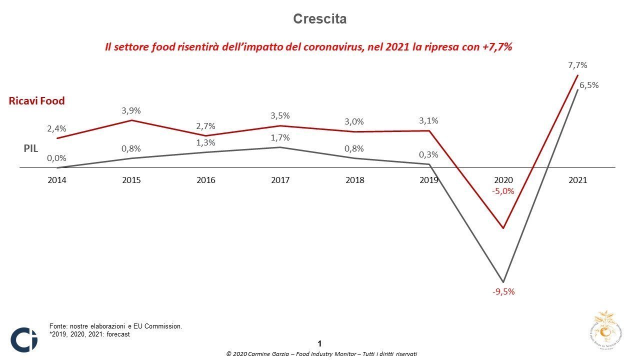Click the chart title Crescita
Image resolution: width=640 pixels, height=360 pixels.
pyautogui.click(x=319, y=19)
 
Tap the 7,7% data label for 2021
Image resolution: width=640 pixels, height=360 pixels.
pyautogui.click(x=577, y=65)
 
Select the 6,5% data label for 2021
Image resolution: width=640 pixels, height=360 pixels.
pyautogui.click(x=589, y=85)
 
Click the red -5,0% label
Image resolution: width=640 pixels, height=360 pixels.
pyautogui.click(x=503, y=191)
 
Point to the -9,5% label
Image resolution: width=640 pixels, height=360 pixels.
pyautogui.click(x=503, y=291)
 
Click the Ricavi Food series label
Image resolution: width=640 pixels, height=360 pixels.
pyautogui.click(x=37, y=101)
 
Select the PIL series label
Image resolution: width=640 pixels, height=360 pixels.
pyautogui.click(x=30, y=148)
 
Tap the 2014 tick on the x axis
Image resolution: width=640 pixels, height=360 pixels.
pyautogui.click(x=57, y=180)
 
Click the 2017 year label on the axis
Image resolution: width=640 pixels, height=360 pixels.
pyautogui.click(x=280, y=180)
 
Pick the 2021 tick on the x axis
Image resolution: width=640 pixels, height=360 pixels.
pyautogui.click(x=577, y=180)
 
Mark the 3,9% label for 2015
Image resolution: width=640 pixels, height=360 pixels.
pyautogui.click(x=131, y=110)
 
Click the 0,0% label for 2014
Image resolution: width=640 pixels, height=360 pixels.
pyautogui.click(x=56, y=158)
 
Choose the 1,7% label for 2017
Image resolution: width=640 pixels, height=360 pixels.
pyautogui.click(x=280, y=137)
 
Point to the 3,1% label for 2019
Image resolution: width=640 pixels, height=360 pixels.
pyautogui.click(x=428, y=120)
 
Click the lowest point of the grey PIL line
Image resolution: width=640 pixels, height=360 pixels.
pyautogui.click(x=503, y=282)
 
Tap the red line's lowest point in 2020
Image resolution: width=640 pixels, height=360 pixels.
pyautogui.click(x=503, y=228)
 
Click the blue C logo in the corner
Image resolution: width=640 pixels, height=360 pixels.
pyautogui.click(x=24, y=339)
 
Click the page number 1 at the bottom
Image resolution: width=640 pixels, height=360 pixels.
pyautogui.click(x=319, y=343)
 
